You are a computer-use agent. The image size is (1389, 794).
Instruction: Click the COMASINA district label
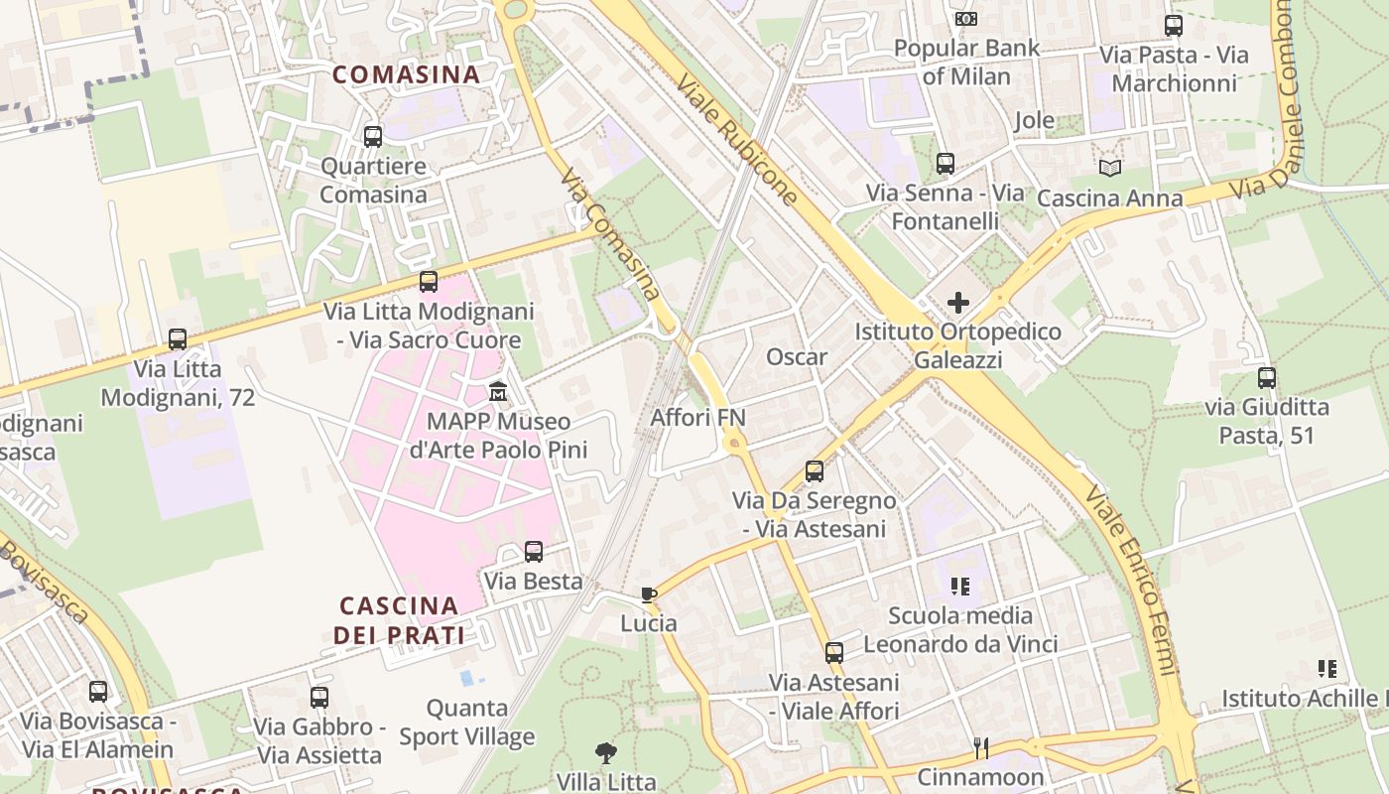(x=406, y=74)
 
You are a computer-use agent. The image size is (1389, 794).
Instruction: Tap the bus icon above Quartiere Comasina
(x=373, y=137)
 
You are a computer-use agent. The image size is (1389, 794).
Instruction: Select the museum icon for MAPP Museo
(x=498, y=391)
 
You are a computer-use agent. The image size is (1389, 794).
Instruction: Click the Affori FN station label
(x=697, y=418)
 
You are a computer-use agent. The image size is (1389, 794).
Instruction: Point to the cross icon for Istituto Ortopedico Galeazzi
(x=958, y=302)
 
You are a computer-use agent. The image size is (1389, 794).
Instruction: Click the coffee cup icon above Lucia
(x=649, y=595)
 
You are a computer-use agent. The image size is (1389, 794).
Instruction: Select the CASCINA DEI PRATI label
(x=399, y=620)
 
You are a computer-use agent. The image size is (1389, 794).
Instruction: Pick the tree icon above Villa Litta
(x=605, y=753)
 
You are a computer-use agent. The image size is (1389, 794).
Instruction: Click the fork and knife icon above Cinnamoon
(x=980, y=747)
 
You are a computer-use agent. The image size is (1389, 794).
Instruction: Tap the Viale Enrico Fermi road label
(x=1130, y=580)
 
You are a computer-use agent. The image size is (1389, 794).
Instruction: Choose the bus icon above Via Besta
(x=534, y=552)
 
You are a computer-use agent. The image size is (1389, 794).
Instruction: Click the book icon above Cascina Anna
(x=1109, y=169)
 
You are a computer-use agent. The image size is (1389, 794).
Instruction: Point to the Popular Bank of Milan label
(x=966, y=62)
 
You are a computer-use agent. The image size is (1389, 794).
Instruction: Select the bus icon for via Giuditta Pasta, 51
(x=1266, y=378)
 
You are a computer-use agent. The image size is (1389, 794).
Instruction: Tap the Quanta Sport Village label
(x=466, y=723)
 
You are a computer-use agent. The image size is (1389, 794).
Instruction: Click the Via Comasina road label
(x=609, y=234)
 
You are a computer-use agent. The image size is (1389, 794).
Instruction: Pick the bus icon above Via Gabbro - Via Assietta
(x=318, y=698)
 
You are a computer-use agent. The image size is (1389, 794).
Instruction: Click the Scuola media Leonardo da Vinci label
(x=960, y=630)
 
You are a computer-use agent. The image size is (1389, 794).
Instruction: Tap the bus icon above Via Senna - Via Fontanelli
(x=946, y=164)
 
